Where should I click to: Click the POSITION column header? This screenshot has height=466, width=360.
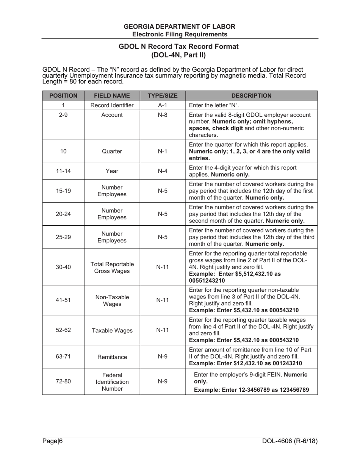(x=63, y=96)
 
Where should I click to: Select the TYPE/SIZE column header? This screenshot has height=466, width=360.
(x=163, y=96)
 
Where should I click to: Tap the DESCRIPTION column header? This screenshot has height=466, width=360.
(x=251, y=96)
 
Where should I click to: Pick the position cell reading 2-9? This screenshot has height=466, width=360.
(x=63, y=115)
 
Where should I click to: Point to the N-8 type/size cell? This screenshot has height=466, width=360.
(x=163, y=115)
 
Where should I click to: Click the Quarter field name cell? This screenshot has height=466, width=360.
(x=112, y=152)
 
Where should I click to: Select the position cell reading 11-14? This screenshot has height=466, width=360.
(x=63, y=171)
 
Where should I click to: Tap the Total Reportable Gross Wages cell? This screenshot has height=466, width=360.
(x=112, y=267)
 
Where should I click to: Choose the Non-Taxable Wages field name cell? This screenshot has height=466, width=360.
(x=112, y=300)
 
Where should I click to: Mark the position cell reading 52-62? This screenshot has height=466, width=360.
(x=63, y=330)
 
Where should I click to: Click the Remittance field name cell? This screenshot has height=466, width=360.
(x=112, y=357)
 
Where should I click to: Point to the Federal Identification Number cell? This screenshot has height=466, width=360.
(x=112, y=382)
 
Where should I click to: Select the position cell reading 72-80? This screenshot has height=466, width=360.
(x=63, y=382)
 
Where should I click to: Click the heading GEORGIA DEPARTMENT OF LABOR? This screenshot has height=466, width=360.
(x=179, y=27)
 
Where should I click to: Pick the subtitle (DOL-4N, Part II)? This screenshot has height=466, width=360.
(x=178, y=55)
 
